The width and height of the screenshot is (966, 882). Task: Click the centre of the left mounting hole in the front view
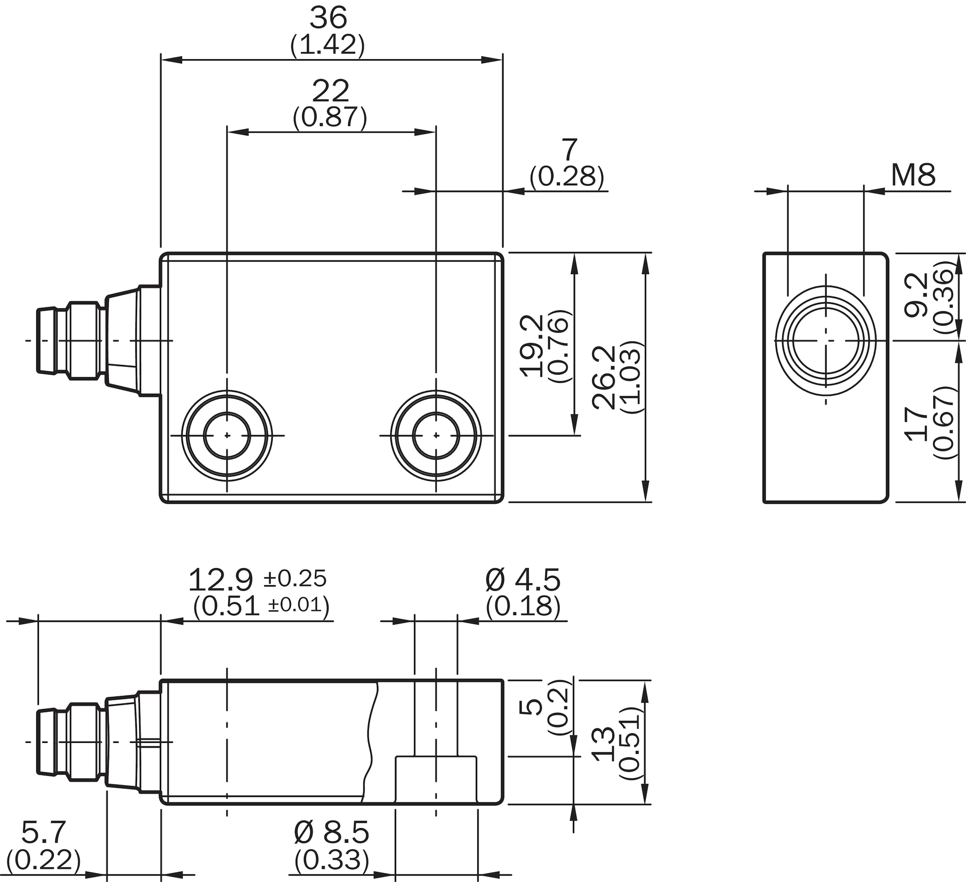click(x=227, y=435)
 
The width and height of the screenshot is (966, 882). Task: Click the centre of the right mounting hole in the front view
click(x=436, y=435)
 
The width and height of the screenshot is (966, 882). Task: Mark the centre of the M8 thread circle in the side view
click(x=826, y=340)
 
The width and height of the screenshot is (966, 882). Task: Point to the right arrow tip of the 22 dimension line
click(x=436, y=132)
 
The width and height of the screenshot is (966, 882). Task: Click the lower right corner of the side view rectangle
click(x=889, y=502)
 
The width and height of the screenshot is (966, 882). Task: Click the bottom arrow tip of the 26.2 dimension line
click(x=646, y=502)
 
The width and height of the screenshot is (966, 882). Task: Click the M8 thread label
click(x=913, y=175)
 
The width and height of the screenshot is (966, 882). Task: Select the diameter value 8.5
click(x=346, y=832)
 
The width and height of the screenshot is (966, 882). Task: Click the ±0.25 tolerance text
click(x=295, y=579)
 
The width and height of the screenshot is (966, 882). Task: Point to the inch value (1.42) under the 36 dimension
click(x=328, y=45)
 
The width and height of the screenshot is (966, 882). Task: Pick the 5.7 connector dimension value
click(x=43, y=832)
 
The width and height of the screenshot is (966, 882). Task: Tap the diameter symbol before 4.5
click(x=495, y=580)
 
